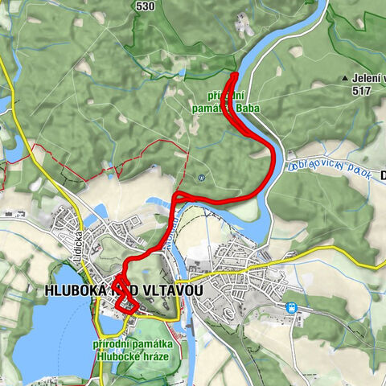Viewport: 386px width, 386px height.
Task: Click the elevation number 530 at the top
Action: click(146, 6)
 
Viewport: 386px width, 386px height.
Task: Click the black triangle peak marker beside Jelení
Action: click(344, 79)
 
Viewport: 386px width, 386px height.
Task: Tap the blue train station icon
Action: click(290, 307)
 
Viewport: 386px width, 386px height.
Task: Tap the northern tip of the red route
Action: click(235, 75)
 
